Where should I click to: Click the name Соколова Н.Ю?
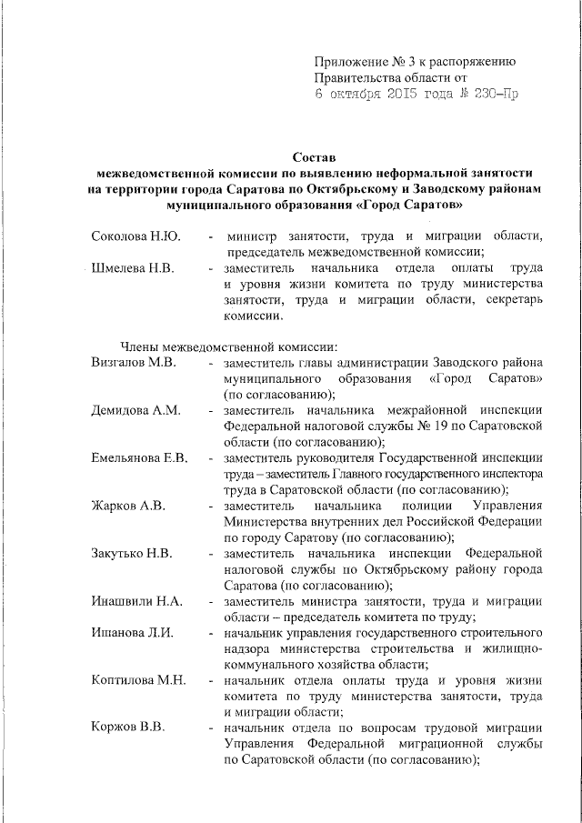click(136, 236)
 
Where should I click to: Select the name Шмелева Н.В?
click(135, 269)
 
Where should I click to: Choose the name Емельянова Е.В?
click(145, 458)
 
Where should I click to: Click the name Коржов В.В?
click(127, 728)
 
